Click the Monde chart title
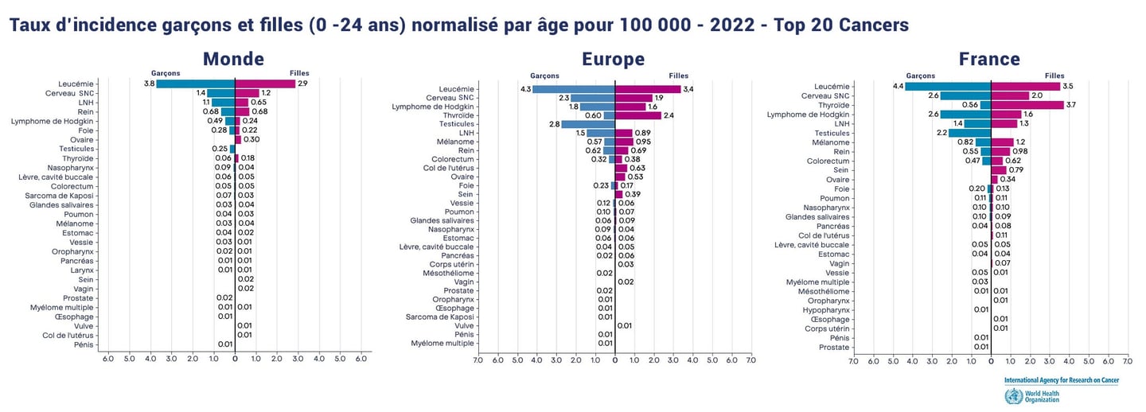tap(233, 59)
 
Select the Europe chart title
tap(613, 59)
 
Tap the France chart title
tap(989, 59)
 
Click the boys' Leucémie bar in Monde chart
tap(196, 84)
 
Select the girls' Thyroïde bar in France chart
tap(1027, 105)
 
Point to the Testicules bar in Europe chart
tap(588, 124)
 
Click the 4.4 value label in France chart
tap(897, 86)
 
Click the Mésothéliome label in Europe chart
tap(448, 273)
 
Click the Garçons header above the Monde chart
tap(166, 73)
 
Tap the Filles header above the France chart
tap(1054, 76)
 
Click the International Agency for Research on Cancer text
tap(1061, 380)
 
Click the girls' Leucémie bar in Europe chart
tap(648, 89)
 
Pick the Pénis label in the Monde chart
tap(84, 344)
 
